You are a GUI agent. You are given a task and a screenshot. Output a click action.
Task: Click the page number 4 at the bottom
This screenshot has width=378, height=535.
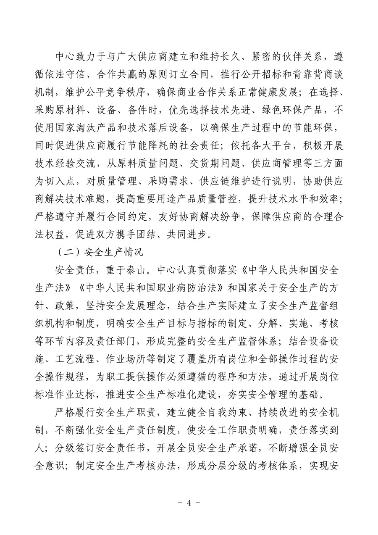[189, 503]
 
